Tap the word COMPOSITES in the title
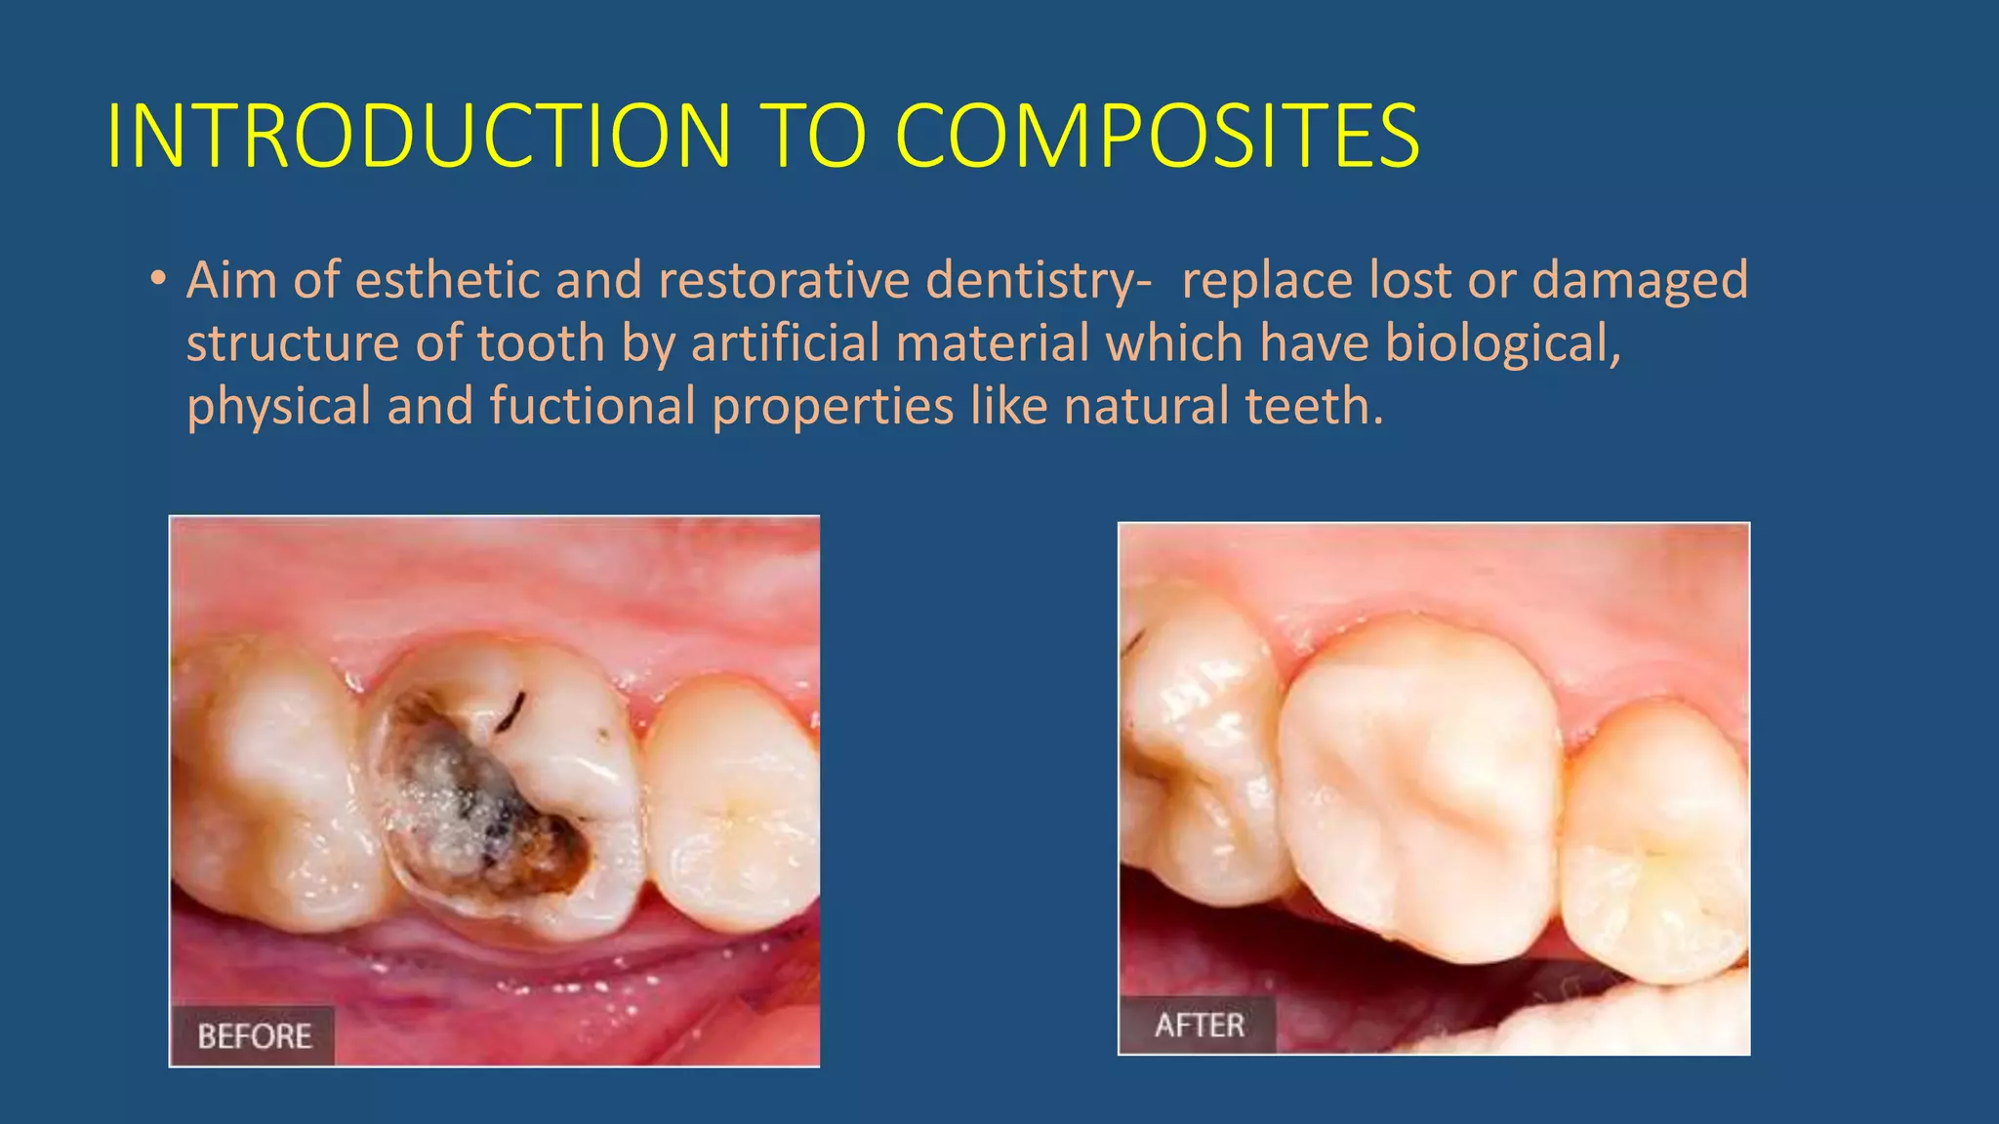click(x=1157, y=137)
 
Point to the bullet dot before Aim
click(x=157, y=280)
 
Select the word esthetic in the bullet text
click(x=446, y=281)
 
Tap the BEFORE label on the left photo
click(x=254, y=1036)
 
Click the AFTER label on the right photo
click(x=1199, y=1025)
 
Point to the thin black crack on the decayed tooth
click(x=510, y=712)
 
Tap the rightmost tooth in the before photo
click(x=732, y=800)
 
